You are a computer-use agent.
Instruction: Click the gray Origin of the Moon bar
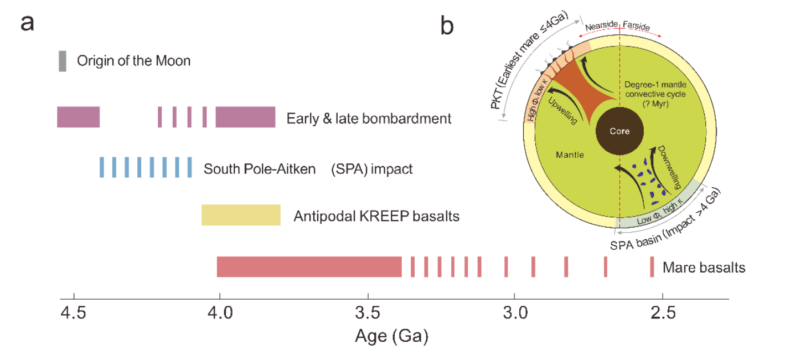coord(63,61)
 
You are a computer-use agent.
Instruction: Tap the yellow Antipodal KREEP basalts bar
coord(241,215)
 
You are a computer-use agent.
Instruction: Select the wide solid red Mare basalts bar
coord(309,266)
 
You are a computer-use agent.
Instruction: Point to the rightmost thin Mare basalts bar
coord(652,266)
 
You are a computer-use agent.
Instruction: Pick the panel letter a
coord(30,24)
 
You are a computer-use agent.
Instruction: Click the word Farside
coord(636,25)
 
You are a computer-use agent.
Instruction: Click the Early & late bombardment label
coord(369,119)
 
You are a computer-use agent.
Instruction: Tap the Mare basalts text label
coord(704,268)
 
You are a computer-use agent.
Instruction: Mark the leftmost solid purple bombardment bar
coord(78,117)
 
